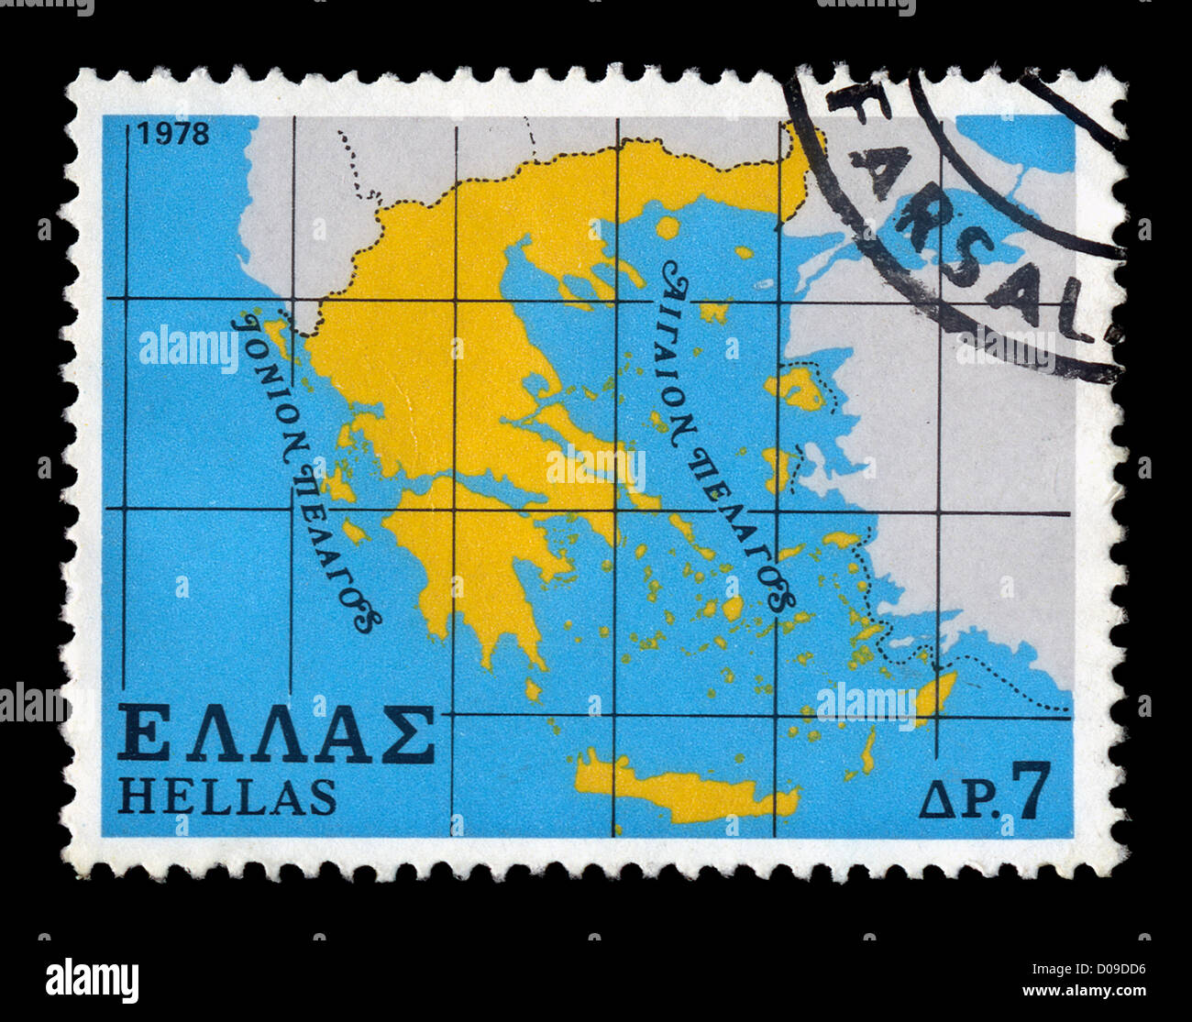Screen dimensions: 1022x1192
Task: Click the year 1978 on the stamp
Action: pyautogui.click(x=173, y=134)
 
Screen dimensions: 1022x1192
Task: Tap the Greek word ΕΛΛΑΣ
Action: pyautogui.click(x=276, y=735)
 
